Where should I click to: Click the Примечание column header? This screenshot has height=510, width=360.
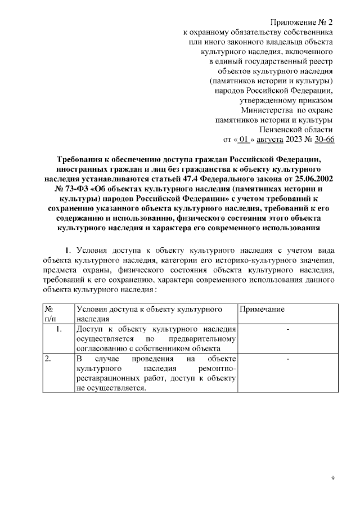point(262,310)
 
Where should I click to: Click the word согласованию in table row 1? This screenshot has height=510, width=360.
point(102,348)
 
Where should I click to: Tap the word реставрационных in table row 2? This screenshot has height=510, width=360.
point(111,378)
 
